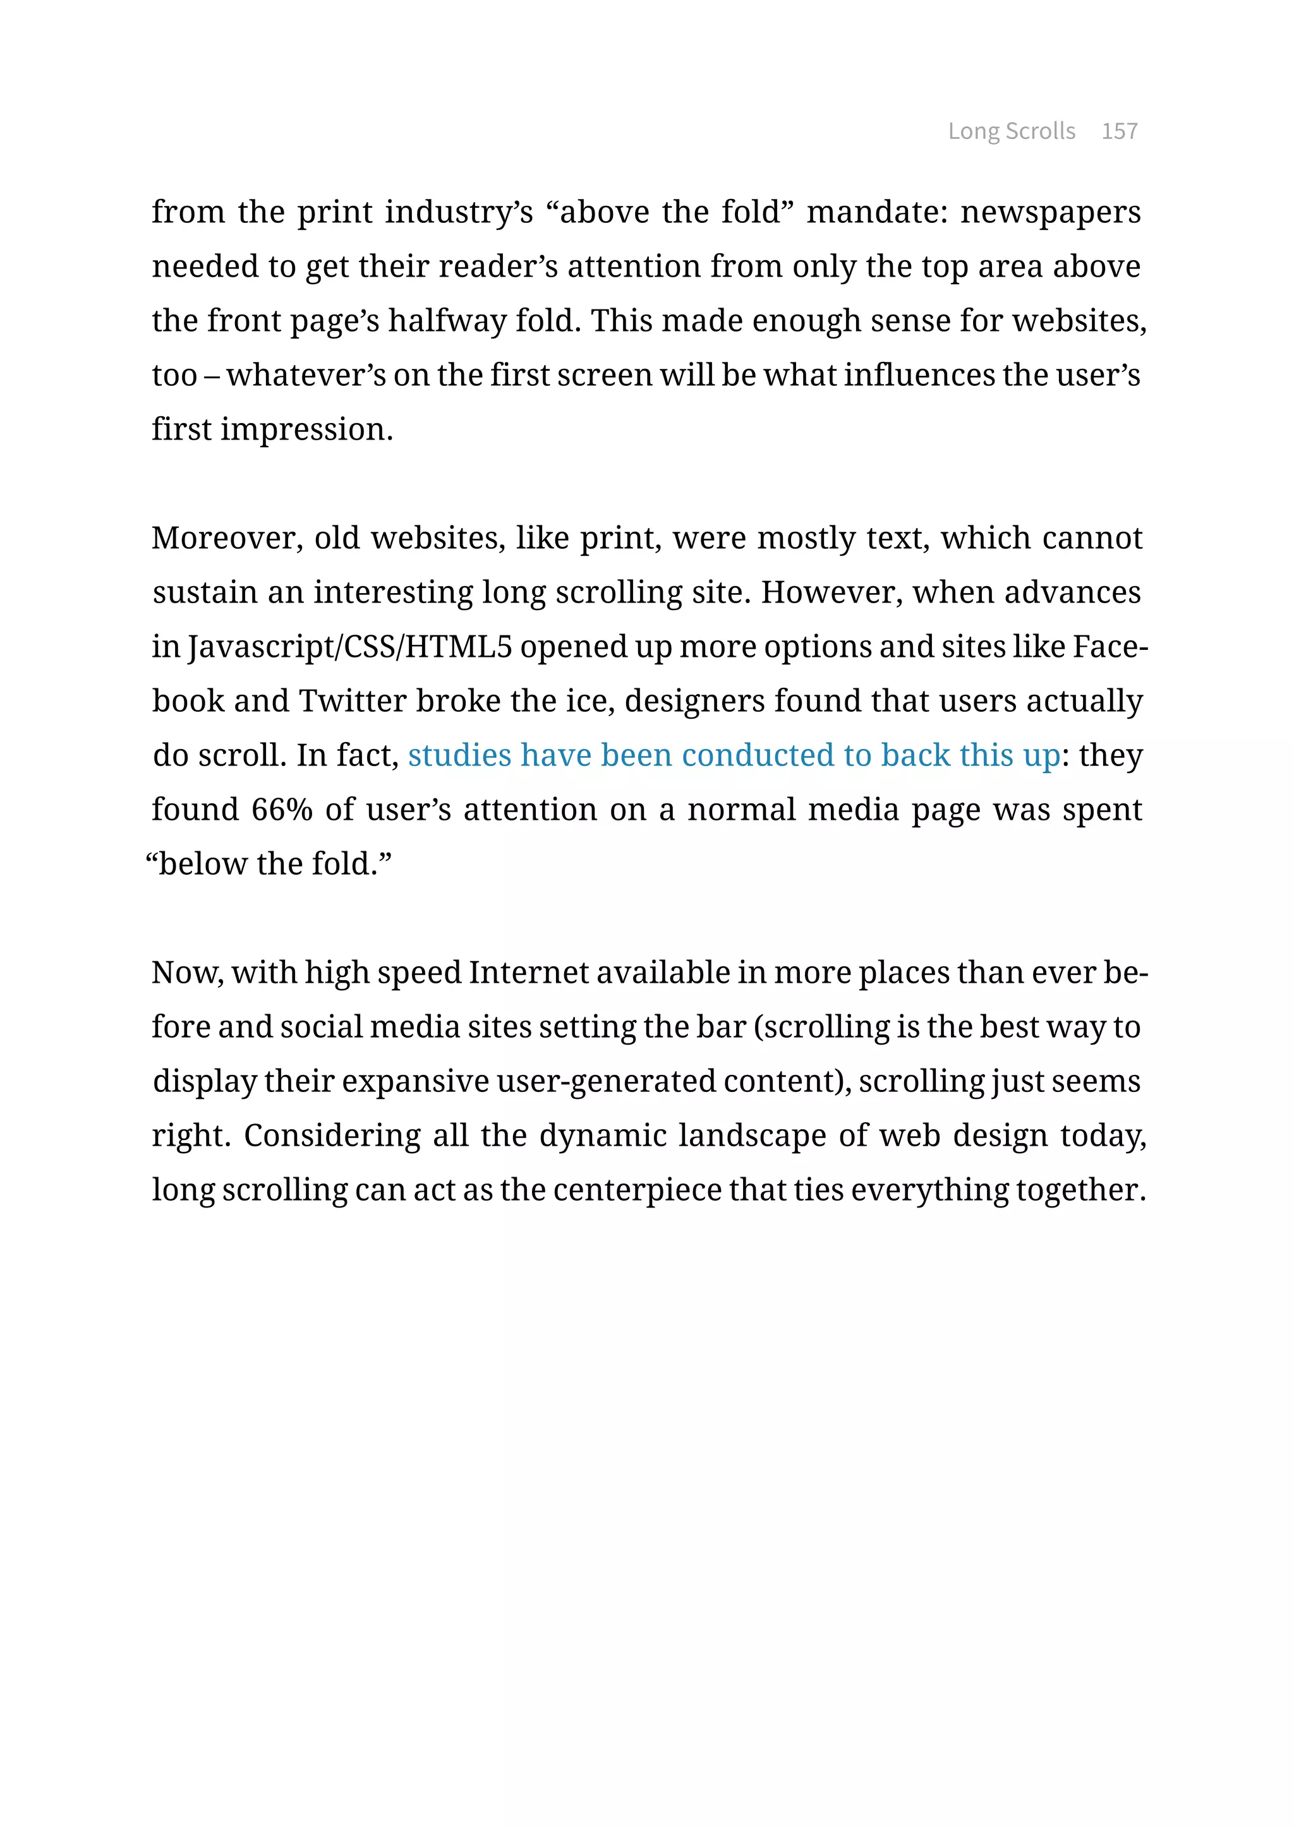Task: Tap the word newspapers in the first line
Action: pyautogui.click(x=1050, y=212)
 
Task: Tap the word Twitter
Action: pyautogui.click(x=352, y=701)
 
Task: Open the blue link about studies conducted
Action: pyautogui.click(x=734, y=755)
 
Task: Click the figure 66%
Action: pyautogui.click(x=281, y=810)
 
